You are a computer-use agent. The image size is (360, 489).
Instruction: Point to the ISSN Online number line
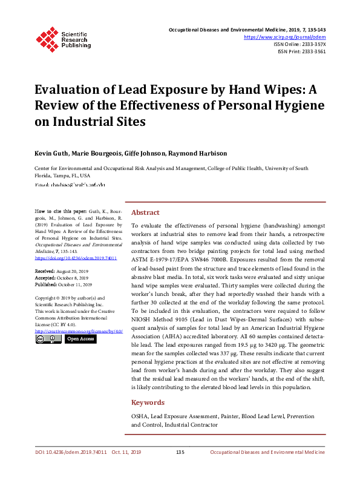299,44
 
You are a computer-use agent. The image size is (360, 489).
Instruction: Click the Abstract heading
145,213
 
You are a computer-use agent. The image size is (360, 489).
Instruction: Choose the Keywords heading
148,402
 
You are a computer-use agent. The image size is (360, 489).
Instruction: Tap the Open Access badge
80,339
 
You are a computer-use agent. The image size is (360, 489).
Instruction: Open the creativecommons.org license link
79,331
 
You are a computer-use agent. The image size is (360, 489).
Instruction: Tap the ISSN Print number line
301,51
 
